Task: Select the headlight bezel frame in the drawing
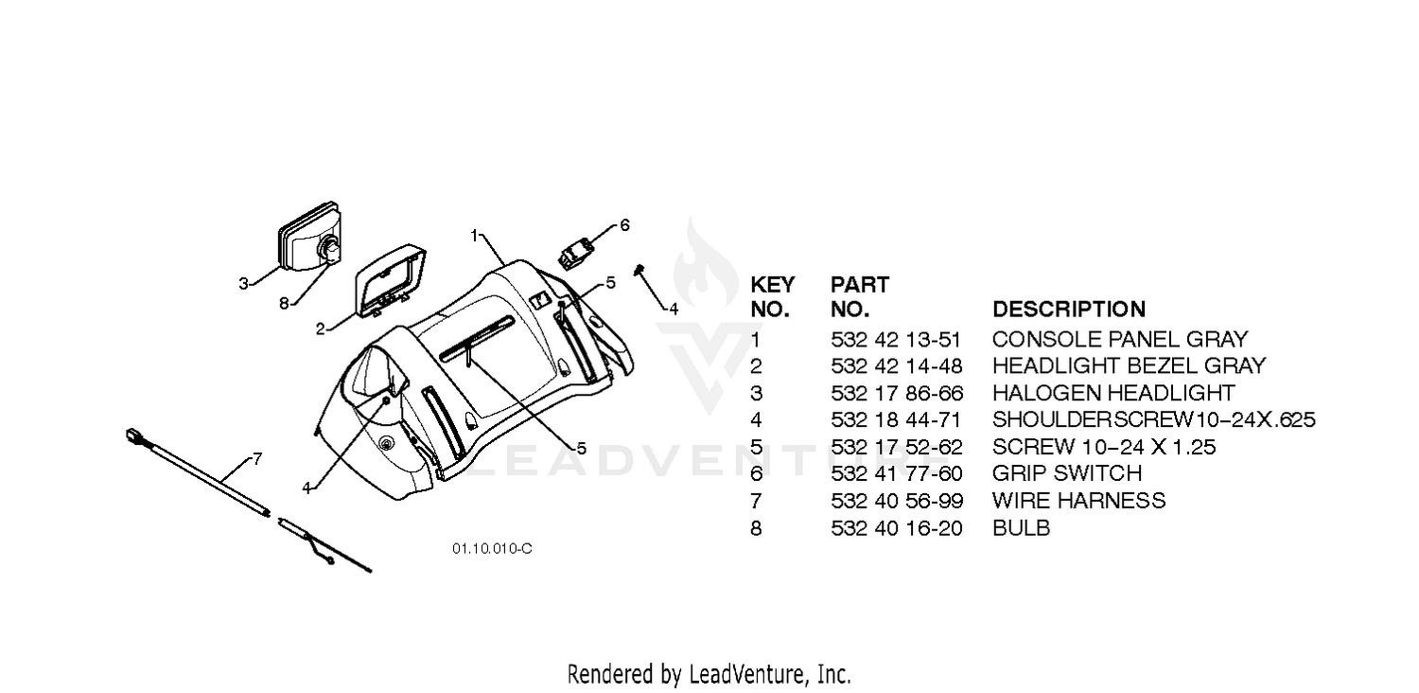pos(390,280)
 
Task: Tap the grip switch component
pos(574,253)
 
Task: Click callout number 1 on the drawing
pos(474,236)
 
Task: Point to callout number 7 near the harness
pos(257,458)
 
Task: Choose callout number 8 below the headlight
pos(284,304)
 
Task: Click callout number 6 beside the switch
pos(624,225)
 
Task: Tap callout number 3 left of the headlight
pos(243,283)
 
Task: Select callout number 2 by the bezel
pos(321,329)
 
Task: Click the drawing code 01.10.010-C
pos(492,548)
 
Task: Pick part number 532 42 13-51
pos(896,340)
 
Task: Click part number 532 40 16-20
pos(897,528)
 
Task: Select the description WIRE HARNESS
pos(1078,501)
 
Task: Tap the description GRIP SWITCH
pos(1067,473)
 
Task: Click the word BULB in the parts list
pos(1021,528)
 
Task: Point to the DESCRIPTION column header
pos(1069,310)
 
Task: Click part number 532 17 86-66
pos(897,393)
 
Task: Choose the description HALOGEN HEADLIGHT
pos(1113,393)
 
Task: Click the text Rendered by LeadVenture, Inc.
pos(709,675)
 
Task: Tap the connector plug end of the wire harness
pos(134,435)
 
